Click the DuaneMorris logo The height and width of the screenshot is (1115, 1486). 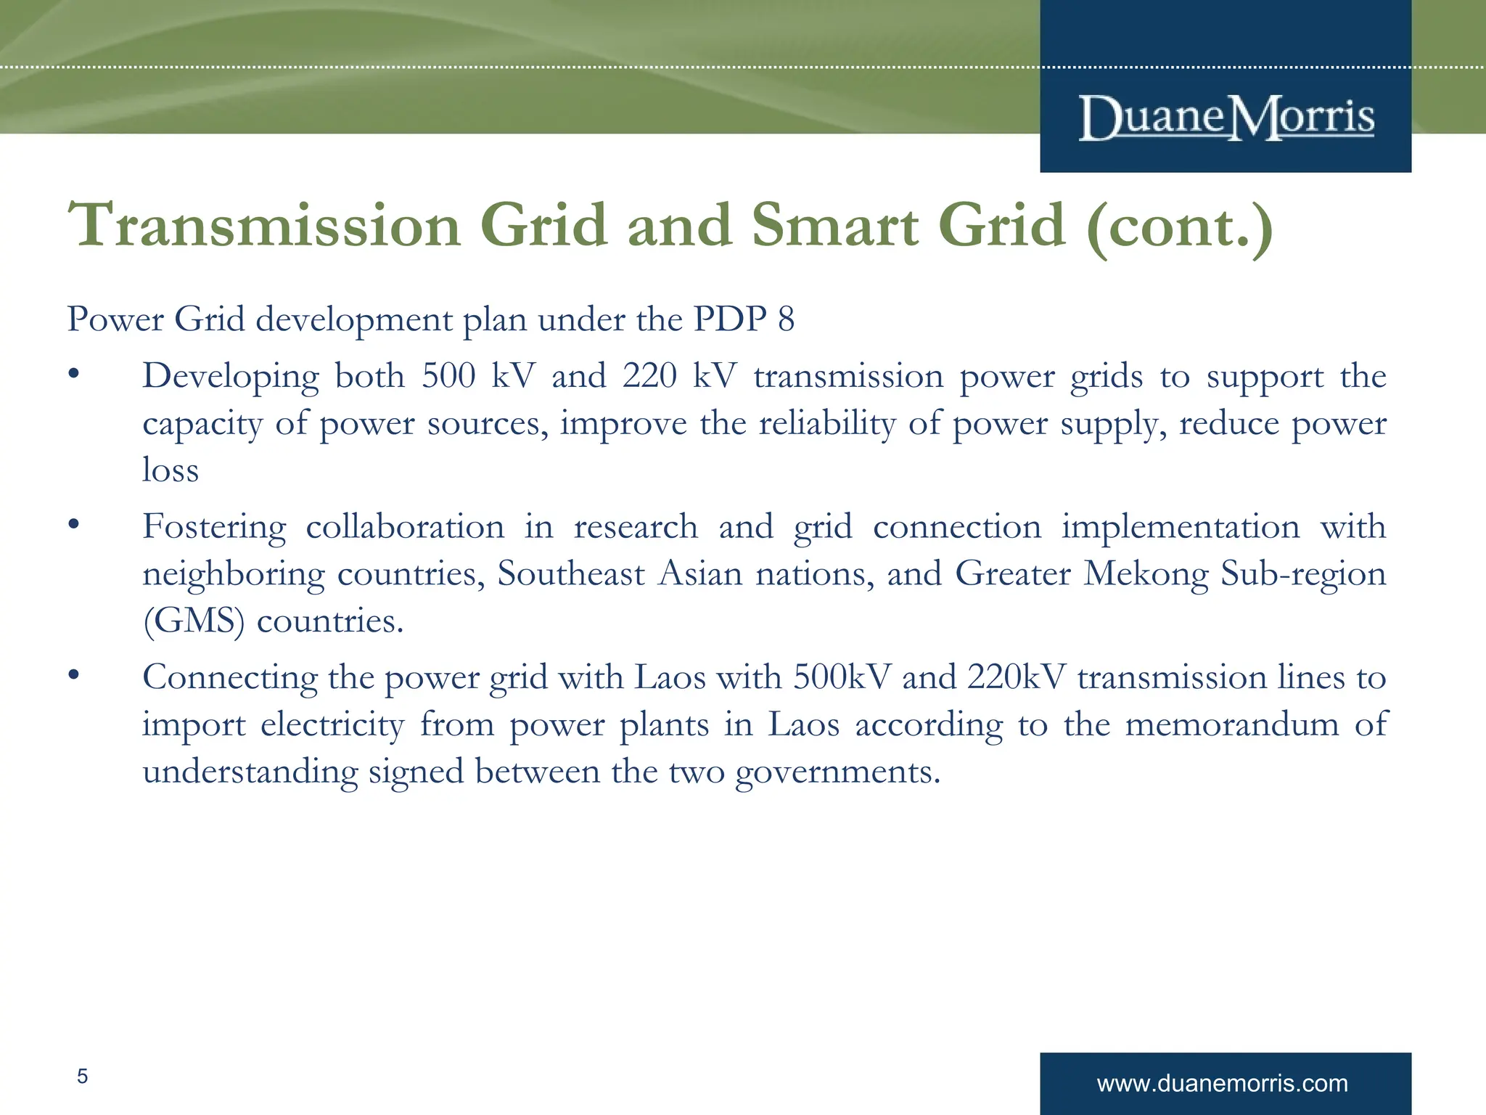(1226, 117)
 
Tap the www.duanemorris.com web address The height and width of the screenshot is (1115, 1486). (1222, 1084)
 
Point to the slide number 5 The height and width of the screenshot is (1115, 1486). (83, 1076)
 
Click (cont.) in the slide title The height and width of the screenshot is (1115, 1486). (1179, 226)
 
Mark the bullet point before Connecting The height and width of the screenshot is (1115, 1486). (73, 676)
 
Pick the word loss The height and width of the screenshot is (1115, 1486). (171, 470)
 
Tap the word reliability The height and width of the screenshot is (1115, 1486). (826, 424)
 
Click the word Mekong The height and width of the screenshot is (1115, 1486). (1146, 574)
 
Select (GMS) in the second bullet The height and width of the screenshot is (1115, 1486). (194, 621)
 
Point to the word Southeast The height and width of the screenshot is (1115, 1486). (570, 574)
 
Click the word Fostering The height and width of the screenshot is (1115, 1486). (214, 527)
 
